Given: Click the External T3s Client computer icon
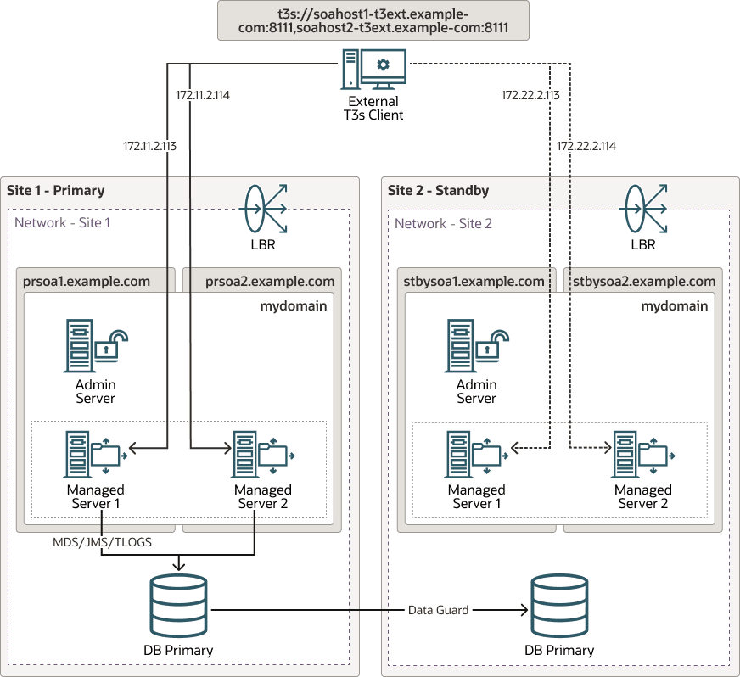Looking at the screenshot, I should click(x=373, y=70).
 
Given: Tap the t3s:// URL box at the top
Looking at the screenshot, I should click(x=373, y=20).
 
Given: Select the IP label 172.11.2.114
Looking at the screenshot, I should click(x=202, y=96).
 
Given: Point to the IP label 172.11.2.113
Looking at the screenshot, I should click(x=149, y=147).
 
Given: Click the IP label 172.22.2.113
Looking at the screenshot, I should click(x=530, y=96).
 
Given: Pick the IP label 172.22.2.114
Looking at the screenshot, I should click(x=586, y=147).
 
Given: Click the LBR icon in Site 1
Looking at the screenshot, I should click(x=263, y=209).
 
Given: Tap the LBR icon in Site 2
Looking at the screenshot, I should click(x=643, y=209).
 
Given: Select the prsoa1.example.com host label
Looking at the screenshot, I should click(x=87, y=281).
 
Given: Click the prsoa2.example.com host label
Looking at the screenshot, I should click(x=270, y=281).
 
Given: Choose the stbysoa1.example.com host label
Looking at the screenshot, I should click(x=474, y=281).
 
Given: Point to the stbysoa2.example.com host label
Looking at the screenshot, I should click(x=644, y=281).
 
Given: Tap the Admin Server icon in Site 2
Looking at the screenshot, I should click(x=475, y=346).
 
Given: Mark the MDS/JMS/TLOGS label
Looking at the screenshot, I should click(x=102, y=542).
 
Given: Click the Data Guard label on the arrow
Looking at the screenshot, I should click(x=438, y=610).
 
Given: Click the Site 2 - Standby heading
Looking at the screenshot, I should click(x=438, y=190).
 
